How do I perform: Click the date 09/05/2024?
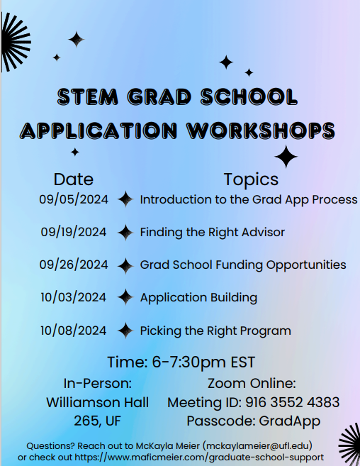pos(74,199)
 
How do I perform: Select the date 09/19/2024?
pos(74,232)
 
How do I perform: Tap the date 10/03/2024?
pos(74,297)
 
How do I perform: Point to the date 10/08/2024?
pos(74,331)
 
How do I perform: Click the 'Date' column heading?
pos(74,179)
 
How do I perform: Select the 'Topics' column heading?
pos(251,179)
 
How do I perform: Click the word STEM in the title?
pos(88,96)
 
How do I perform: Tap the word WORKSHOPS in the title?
pos(261,131)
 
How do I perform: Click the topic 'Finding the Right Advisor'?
pos(213,232)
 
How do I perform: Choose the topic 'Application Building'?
pos(198,297)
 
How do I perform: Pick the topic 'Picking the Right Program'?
pos(215,331)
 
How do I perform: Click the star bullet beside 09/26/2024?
pos(125,265)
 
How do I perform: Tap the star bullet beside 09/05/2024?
pos(125,199)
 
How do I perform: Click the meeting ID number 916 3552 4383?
pos(292,402)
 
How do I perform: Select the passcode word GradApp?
pos(290,421)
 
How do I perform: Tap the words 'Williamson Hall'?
pos(97,402)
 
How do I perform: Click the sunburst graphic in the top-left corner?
pos(16,42)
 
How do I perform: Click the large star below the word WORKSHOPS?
pos(286,157)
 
